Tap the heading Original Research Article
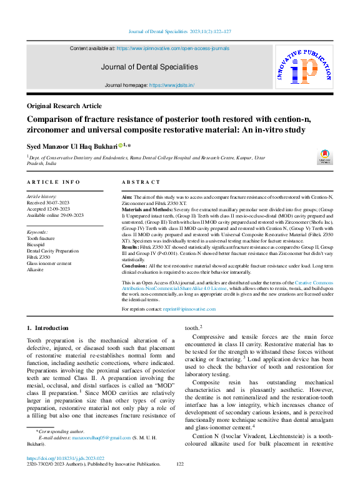pyautogui.click(x=64, y=106)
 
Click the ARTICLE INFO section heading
pyautogui.click(x=53, y=182)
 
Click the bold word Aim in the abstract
pyautogui.click(x=127, y=197)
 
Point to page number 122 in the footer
pyautogui.click(x=180, y=481)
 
